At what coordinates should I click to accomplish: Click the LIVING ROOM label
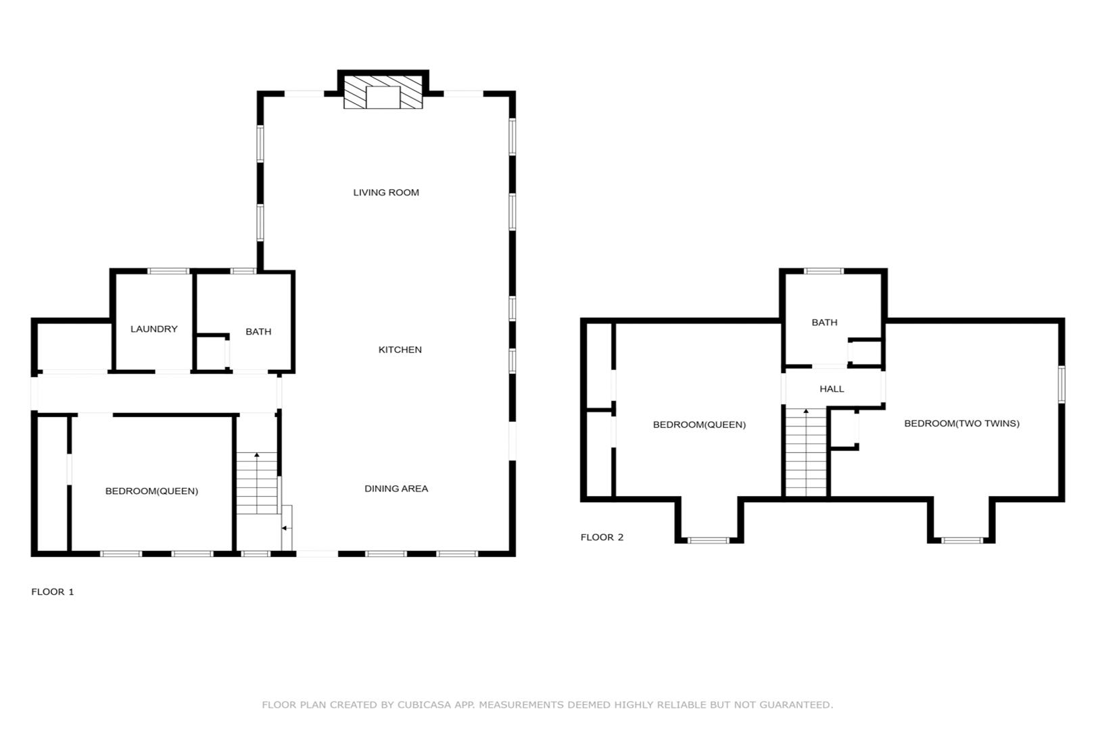(x=386, y=193)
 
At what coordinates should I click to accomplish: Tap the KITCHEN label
(x=400, y=350)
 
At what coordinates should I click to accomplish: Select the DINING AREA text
(x=396, y=489)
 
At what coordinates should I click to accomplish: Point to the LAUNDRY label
(x=153, y=329)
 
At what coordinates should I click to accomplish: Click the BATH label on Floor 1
(x=258, y=332)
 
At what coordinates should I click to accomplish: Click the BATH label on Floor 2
(x=824, y=322)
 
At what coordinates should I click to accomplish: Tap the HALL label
(x=832, y=389)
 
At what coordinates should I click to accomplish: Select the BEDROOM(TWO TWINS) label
(x=961, y=424)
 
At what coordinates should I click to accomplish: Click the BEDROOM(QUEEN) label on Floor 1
(x=151, y=491)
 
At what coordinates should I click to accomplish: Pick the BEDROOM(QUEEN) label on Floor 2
(x=699, y=424)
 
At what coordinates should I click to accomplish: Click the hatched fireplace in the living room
(x=383, y=92)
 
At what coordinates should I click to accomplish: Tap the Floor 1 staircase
(x=258, y=483)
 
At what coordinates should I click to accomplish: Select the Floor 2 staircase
(x=806, y=453)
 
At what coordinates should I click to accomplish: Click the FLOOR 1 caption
(x=52, y=592)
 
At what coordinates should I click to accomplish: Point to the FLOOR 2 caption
(x=602, y=537)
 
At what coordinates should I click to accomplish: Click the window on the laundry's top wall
(x=168, y=271)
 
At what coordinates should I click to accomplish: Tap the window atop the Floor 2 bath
(x=824, y=271)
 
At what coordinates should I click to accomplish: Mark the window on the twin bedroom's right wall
(x=1062, y=385)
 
